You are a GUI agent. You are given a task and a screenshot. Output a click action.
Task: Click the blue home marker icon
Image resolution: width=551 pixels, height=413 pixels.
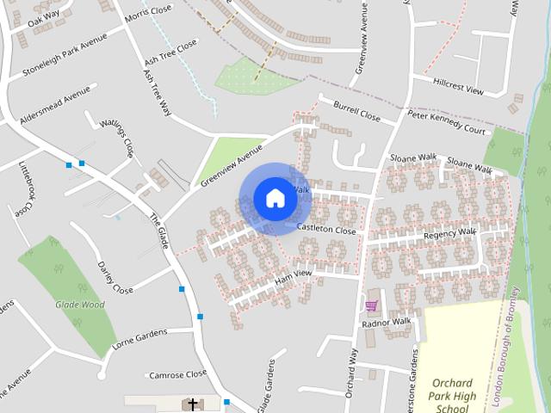pyautogui.click(x=275, y=198)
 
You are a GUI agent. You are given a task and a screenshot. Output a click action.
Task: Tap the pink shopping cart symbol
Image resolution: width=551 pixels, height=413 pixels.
pyautogui.click(x=371, y=305)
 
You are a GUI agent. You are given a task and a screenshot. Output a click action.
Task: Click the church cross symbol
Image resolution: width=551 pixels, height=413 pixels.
pyautogui.click(x=192, y=404)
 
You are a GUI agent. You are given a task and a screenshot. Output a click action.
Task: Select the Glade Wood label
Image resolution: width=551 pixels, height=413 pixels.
pyautogui.click(x=79, y=304)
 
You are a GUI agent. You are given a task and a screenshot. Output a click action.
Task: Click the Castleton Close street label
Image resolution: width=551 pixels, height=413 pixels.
pyautogui.click(x=326, y=230)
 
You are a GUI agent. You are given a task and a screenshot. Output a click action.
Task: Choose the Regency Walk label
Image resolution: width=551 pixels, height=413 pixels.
pyautogui.click(x=449, y=233)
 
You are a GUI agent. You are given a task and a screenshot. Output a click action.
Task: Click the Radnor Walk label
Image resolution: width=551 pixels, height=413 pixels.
pyautogui.click(x=387, y=323)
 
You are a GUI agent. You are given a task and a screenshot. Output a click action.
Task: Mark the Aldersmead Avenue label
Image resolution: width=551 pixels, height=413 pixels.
pyautogui.click(x=54, y=105)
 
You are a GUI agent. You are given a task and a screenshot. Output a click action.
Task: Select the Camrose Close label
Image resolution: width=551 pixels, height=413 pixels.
pyautogui.click(x=177, y=374)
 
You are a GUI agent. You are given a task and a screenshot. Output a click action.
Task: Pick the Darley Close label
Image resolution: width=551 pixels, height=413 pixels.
pyautogui.click(x=115, y=277)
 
